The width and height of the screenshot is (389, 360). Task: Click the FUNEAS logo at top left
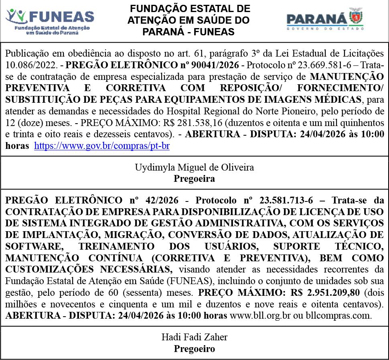pyautogui.click(x=50, y=21)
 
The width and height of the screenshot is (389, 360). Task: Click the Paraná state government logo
pyautogui.click(x=325, y=19)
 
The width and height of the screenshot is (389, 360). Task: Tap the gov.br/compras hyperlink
pyautogui.click(x=102, y=146)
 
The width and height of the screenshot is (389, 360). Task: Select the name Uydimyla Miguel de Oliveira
pyautogui.click(x=194, y=167)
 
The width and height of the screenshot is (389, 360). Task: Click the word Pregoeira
pyautogui.click(x=194, y=179)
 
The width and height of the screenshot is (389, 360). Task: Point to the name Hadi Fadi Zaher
pyautogui.click(x=194, y=337)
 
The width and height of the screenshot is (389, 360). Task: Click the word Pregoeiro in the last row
pyautogui.click(x=194, y=349)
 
